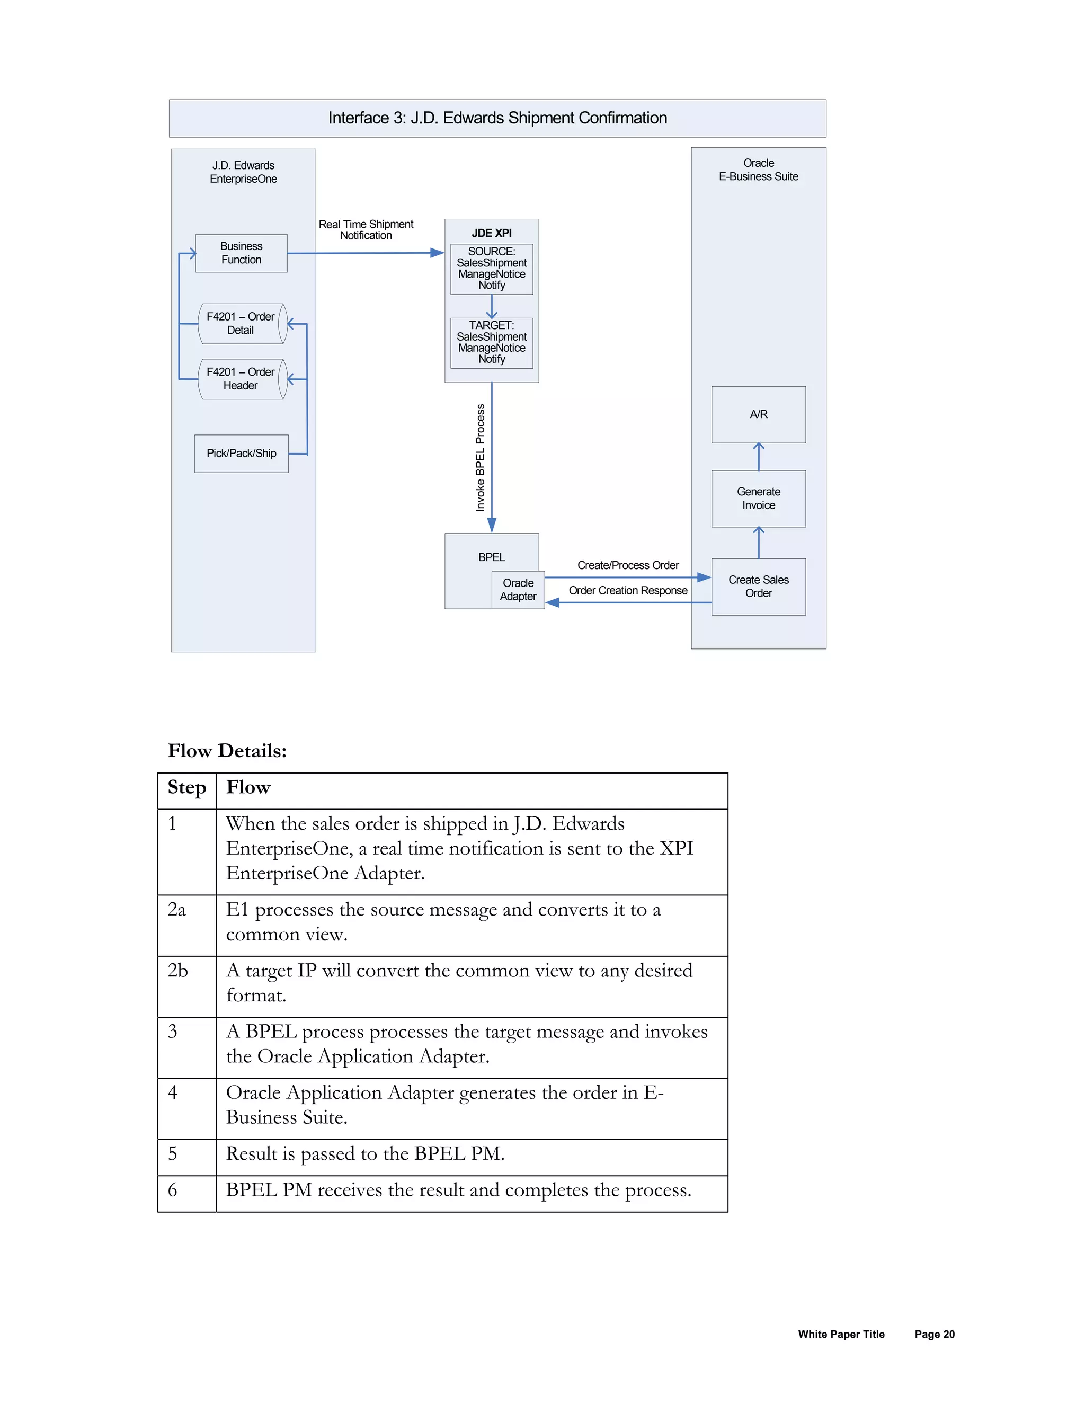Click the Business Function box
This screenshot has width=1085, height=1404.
coord(241,253)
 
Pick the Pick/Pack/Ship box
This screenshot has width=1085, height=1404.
coord(241,453)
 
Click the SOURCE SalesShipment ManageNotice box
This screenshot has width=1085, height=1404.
coord(491,269)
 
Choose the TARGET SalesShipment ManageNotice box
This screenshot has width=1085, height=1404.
coord(491,343)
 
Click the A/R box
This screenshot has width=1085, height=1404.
coord(759,415)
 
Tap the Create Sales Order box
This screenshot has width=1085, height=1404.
coord(759,587)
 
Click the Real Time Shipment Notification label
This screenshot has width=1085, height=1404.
coord(366,229)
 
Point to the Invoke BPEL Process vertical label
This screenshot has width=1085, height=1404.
coord(480,457)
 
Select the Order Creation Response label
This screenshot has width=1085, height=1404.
coord(627,591)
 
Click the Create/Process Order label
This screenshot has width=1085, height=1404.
coord(627,566)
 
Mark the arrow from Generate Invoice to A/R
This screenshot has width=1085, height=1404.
coord(759,456)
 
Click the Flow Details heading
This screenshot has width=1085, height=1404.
coord(227,751)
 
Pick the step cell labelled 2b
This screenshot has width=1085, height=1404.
coord(178,971)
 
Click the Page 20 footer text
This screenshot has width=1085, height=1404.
coord(934,1335)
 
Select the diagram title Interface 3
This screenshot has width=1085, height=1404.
coord(497,118)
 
